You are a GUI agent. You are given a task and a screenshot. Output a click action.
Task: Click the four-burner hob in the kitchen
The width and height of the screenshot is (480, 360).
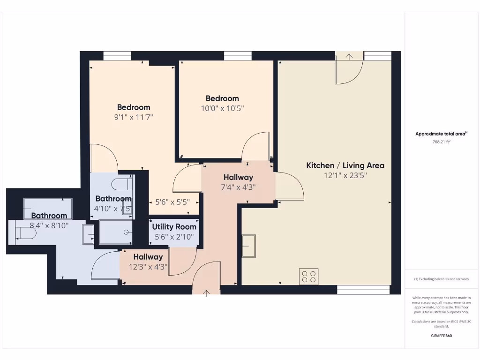309,276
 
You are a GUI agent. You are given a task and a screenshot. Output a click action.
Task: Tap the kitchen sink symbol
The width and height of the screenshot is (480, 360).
248,246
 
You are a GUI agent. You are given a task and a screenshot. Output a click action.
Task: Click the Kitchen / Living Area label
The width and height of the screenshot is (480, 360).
345,165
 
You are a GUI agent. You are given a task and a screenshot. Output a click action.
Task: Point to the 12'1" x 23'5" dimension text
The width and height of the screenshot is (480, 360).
345,176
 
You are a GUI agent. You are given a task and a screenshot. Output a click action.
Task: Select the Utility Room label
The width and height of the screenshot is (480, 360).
174,227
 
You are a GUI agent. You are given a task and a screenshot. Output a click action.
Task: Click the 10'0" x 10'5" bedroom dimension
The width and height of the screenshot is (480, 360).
222,108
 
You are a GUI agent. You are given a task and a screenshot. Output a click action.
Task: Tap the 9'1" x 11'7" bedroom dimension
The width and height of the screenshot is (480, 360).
134,117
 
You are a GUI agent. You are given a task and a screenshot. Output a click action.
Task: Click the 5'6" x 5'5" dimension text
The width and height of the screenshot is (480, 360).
172,202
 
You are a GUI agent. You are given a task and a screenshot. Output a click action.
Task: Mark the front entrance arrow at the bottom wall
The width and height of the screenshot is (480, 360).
206,293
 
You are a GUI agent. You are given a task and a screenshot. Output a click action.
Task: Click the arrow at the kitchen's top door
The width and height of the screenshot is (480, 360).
349,57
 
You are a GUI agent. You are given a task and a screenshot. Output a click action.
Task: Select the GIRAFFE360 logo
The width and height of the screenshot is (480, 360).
442,336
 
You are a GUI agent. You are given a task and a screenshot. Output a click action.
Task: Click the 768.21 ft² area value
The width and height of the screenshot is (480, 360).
441,142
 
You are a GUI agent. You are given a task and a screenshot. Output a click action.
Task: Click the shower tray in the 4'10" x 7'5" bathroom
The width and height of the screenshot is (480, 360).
115,232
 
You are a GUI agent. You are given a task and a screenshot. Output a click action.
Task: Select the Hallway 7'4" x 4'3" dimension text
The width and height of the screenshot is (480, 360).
238,187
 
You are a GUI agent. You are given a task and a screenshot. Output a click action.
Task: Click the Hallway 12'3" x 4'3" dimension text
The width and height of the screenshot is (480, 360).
148,267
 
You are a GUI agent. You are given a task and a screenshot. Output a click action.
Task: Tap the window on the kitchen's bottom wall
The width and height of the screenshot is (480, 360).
363,290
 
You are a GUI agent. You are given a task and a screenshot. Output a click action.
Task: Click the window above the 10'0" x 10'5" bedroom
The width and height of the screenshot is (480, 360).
238,56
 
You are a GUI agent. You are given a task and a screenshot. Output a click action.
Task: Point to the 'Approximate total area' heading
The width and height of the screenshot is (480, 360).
441,134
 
